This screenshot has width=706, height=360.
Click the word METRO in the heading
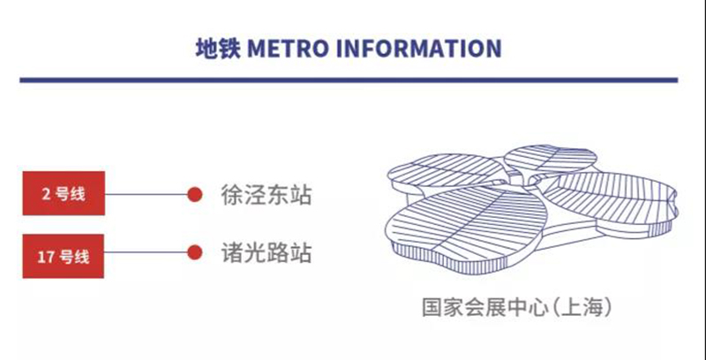pyautogui.click(x=289, y=49)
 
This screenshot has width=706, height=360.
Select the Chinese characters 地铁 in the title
pyautogui.click(x=218, y=49)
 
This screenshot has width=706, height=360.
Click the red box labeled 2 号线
pyautogui.click(x=64, y=193)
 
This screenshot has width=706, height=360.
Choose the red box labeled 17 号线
pyautogui.click(x=64, y=256)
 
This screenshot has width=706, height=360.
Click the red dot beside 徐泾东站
pyautogui.click(x=194, y=194)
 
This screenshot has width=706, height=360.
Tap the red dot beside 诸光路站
pyautogui.click(x=194, y=252)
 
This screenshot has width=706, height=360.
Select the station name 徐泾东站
pyautogui.click(x=267, y=195)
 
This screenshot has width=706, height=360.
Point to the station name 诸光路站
pyautogui.click(x=267, y=252)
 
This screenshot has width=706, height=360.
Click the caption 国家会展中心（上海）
pyautogui.click(x=518, y=307)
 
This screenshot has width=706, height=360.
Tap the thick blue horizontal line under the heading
pyautogui.click(x=349, y=80)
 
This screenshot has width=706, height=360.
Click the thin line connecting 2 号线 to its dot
pyautogui.click(x=146, y=194)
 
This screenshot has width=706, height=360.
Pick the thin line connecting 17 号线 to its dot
pyautogui.click(x=146, y=252)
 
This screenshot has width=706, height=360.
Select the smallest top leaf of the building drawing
pyautogui.click(x=550, y=159)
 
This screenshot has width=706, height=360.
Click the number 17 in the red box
pyautogui.click(x=45, y=257)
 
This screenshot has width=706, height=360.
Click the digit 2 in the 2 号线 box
pyautogui.click(x=46, y=194)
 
